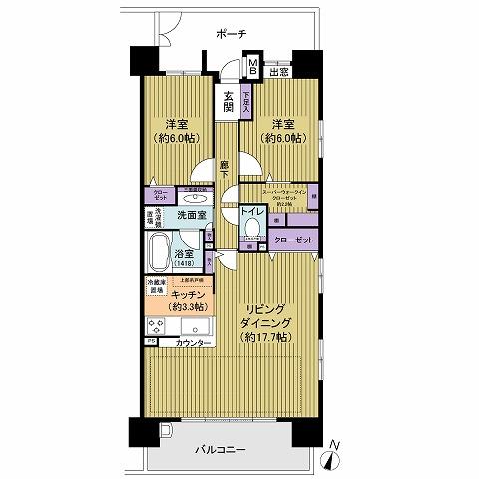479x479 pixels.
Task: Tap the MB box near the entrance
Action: tap(253, 69)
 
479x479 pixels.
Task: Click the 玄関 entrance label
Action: tap(229, 103)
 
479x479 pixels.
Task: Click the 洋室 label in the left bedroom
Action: tap(177, 124)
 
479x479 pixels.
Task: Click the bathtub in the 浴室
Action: tap(158, 255)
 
